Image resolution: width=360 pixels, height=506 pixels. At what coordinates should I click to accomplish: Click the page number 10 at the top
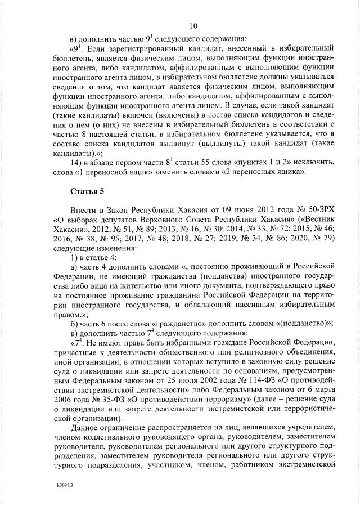pyautogui.click(x=193, y=26)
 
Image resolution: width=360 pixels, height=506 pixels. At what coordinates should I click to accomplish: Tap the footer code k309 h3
pyautogui.click(x=65, y=483)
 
